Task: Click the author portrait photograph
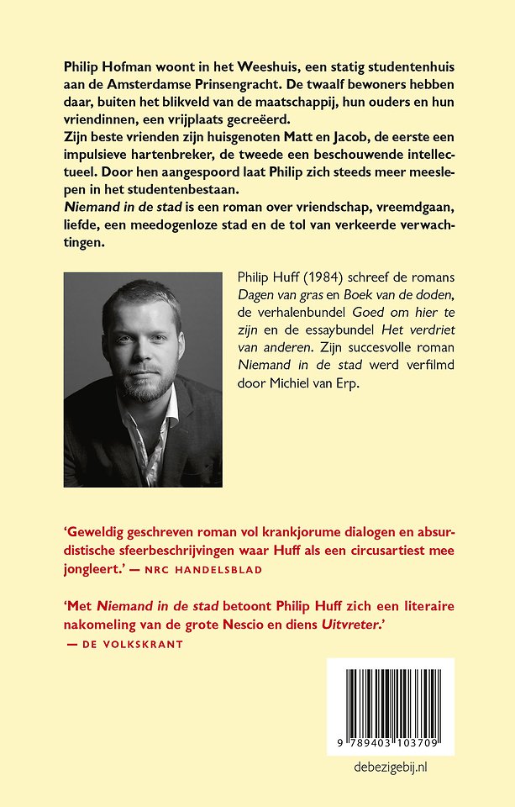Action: coord(143,379)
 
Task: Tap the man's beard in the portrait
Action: coord(145,382)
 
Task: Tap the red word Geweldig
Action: coord(101,531)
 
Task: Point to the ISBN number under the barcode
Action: coord(392,744)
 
